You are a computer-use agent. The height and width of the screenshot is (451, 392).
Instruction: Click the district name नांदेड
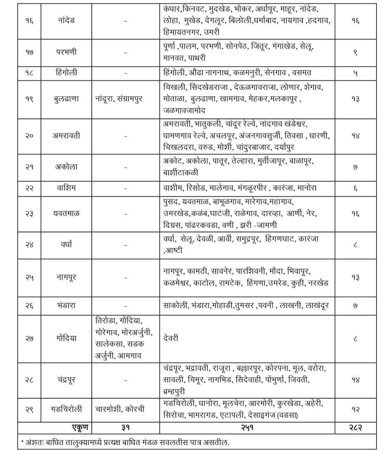[x=66, y=20]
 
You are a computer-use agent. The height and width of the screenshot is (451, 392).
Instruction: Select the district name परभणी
[x=66, y=52]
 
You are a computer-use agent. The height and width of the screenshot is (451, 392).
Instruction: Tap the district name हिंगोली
[x=66, y=73]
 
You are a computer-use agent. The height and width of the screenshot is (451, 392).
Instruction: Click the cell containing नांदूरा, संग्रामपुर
[x=119, y=99]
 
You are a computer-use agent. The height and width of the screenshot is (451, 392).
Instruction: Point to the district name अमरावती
[x=66, y=136]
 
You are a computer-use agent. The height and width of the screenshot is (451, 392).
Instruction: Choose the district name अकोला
[x=66, y=167]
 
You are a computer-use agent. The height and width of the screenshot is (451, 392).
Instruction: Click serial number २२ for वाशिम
[x=29, y=188]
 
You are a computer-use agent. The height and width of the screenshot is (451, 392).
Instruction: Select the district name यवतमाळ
[x=66, y=213]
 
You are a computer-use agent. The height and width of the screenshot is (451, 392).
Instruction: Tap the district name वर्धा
[x=66, y=244]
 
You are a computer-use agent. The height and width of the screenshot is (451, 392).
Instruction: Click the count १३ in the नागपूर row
[x=355, y=278]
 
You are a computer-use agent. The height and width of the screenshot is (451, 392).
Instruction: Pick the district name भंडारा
[x=66, y=305]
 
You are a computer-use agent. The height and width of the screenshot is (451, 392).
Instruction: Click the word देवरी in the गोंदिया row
[x=171, y=338]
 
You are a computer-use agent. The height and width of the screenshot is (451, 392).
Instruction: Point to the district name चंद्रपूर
[x=66, y=380]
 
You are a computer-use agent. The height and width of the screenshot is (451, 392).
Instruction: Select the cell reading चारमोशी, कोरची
[x=120, y=409]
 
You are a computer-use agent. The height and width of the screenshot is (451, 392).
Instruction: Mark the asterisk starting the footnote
[x=23, y=442]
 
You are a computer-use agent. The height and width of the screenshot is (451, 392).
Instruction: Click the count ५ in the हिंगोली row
[x=355, y=73]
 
